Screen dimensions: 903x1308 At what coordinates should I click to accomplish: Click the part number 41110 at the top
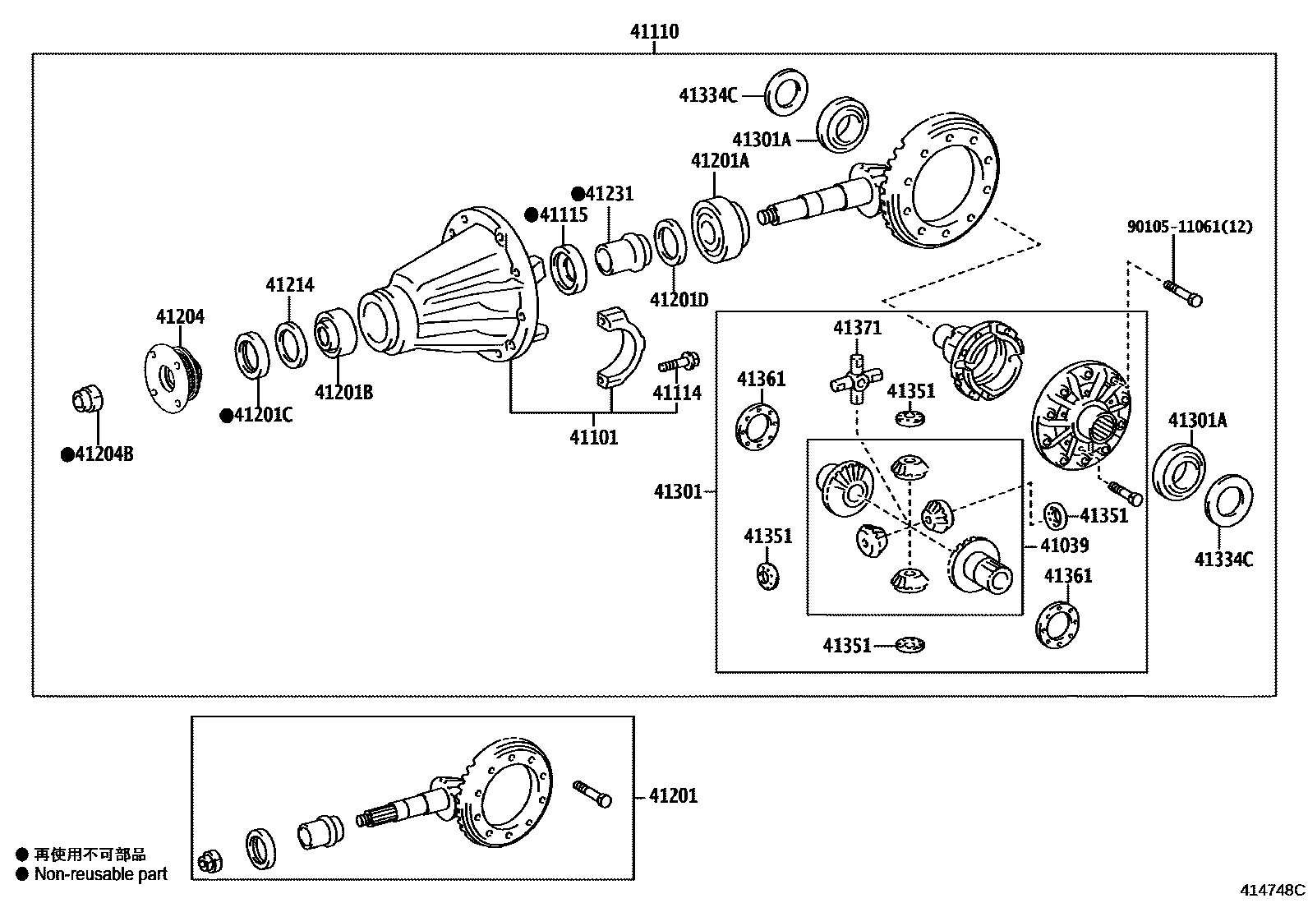click(x=654, y=32)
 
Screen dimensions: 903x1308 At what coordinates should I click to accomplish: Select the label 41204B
click(x=104, y=454)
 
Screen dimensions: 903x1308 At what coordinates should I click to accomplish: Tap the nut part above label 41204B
click(x=86, y=400)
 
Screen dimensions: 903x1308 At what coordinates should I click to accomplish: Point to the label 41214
click(x=289, y=285)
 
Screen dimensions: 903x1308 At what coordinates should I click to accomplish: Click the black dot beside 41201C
click(x=226, y=416)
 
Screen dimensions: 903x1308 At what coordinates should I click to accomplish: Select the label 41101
click(x=593, y=437)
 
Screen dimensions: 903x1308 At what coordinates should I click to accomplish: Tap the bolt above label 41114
click(x=678, y=361)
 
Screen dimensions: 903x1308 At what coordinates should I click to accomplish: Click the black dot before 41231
click(x=578, y=194)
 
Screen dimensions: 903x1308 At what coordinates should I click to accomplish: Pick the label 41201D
click(x=679, y=299)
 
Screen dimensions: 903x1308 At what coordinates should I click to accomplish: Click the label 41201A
click(x=720, y=160)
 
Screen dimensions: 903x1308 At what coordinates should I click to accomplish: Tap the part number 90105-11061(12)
click(x=1189, y=227)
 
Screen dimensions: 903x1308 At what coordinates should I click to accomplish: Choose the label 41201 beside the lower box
click(x=673, y=795)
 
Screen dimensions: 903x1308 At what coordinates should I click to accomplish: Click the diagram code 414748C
click(x=1273, y=890)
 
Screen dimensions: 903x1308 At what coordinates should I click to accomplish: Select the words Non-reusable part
click(x=100, y=874)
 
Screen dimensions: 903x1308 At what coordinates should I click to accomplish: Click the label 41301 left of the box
click(x=678, y=492)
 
